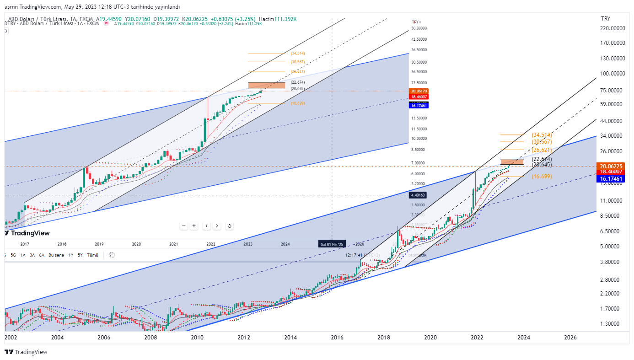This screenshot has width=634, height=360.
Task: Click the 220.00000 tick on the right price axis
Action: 613,28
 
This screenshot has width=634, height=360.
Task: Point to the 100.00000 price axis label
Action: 613,74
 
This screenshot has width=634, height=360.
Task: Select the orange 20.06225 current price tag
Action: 612,166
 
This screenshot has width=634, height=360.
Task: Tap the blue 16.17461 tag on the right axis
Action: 612,179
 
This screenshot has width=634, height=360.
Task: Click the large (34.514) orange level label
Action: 542,135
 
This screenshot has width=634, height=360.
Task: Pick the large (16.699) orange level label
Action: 542,177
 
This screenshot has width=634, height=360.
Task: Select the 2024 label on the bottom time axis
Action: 524,338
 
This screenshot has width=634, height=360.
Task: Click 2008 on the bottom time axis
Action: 150,338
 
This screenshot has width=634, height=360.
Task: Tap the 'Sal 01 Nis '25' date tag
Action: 332,244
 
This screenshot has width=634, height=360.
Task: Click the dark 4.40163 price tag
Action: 419,195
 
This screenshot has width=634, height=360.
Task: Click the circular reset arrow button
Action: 229,226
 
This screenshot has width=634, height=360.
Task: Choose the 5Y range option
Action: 80,255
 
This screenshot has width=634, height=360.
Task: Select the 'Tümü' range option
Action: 93,255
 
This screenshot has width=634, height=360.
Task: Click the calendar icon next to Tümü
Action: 112,255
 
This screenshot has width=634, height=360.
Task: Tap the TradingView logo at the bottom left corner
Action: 26,352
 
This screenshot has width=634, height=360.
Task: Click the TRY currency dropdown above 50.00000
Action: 416,22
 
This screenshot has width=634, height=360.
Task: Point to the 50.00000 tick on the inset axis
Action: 419,28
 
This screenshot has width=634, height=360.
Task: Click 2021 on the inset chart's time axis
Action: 174,244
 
